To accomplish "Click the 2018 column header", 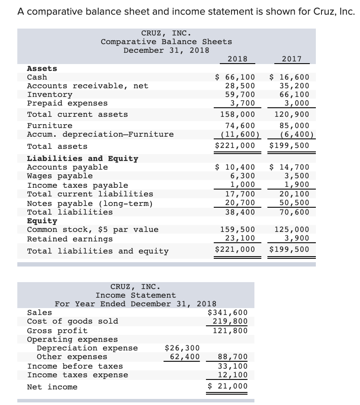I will [x=237, y=59].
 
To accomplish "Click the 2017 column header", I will [x=291, y=59].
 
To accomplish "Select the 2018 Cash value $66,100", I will [x=235, y=77].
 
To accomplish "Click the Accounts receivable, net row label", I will [x=87, y=86].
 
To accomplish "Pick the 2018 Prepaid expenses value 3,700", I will [x=242, y=103].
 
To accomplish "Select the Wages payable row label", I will [x=60, y=176].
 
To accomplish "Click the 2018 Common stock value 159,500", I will [x=238, y=230].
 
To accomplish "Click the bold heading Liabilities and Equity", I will [x=83, y=158].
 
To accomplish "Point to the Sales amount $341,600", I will [x=228, y=312].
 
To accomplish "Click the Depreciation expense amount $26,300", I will [x=183, y=348].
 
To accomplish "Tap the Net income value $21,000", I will [x=228, y=386].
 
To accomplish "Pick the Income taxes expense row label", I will [x=77, y=375].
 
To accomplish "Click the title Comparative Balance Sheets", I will [x=166, y=42].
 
